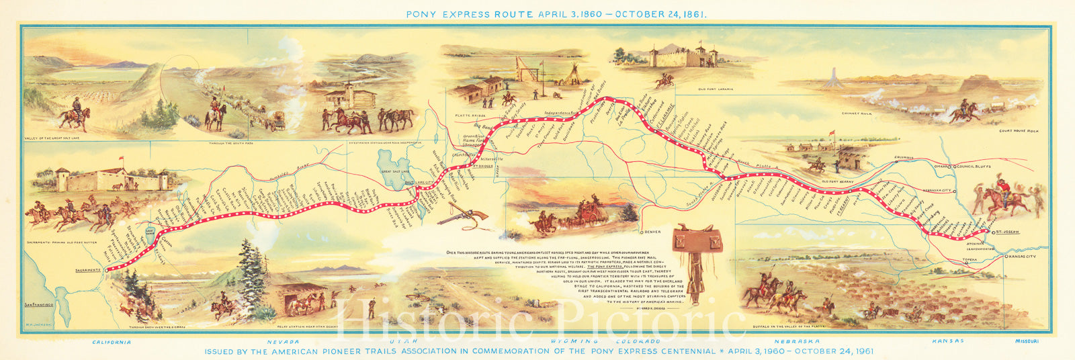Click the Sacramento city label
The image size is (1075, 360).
[87, 270]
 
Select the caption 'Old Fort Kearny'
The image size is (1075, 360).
[837, 181]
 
